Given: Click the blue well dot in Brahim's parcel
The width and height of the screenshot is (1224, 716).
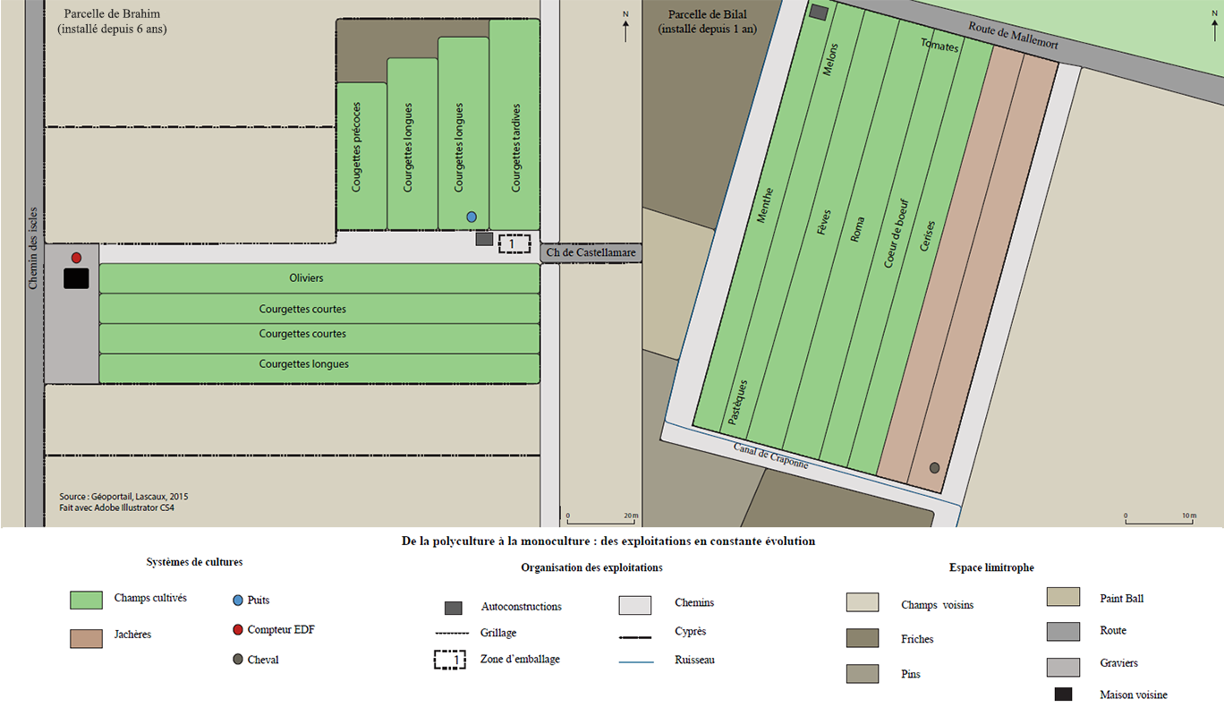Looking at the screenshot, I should [472, 217].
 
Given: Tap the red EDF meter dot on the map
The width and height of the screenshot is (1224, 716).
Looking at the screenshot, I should [76, 258].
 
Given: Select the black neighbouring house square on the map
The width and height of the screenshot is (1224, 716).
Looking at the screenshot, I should [76, 278].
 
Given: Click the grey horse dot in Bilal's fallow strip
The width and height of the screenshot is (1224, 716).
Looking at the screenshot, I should [934, 468].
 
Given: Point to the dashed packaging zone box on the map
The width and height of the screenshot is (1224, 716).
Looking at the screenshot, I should [514, 243].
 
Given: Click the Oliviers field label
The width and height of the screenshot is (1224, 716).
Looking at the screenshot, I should [307, 278].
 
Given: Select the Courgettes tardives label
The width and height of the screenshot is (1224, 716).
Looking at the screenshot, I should [516, 148].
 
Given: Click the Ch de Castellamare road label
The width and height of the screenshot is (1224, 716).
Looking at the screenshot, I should [591, 253].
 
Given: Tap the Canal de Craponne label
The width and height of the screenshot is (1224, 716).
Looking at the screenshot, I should [770, 456].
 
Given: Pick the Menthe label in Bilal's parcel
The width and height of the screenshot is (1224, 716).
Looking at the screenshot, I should [765, 204].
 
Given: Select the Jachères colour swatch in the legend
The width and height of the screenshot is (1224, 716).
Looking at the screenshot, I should [86, 638].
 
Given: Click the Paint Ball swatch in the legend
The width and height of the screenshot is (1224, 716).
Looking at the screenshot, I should [1063, 597].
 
